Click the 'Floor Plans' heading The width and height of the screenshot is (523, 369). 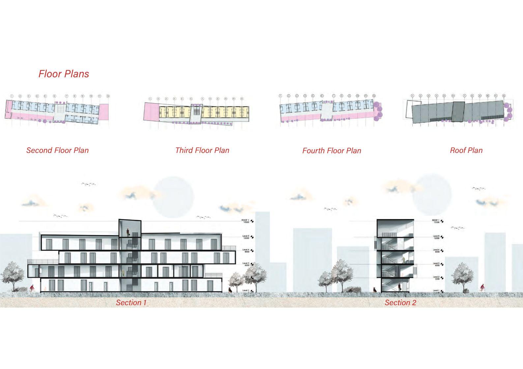tap(64, 74)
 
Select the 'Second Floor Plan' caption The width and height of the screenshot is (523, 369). tap(57, 150)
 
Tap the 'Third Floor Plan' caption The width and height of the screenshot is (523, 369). tap(202, 150)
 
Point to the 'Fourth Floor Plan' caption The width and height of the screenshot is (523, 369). tap(332, 151)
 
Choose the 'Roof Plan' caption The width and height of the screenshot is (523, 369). tap(466, 150)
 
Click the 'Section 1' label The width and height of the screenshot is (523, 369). tap(131, 303)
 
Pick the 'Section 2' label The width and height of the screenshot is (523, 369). tap(400, 303)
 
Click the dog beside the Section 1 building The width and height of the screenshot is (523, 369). tap(229, 290)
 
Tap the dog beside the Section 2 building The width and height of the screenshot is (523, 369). tap(374, 290)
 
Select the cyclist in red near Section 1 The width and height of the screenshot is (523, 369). tap(32, 288)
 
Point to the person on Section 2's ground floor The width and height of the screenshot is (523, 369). tap(399, 287)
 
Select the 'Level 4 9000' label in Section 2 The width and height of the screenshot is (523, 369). tap(437, 251)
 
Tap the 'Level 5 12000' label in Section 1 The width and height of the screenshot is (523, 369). tap(246, 237)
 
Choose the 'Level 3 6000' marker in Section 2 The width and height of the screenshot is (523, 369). tap(437, 264)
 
